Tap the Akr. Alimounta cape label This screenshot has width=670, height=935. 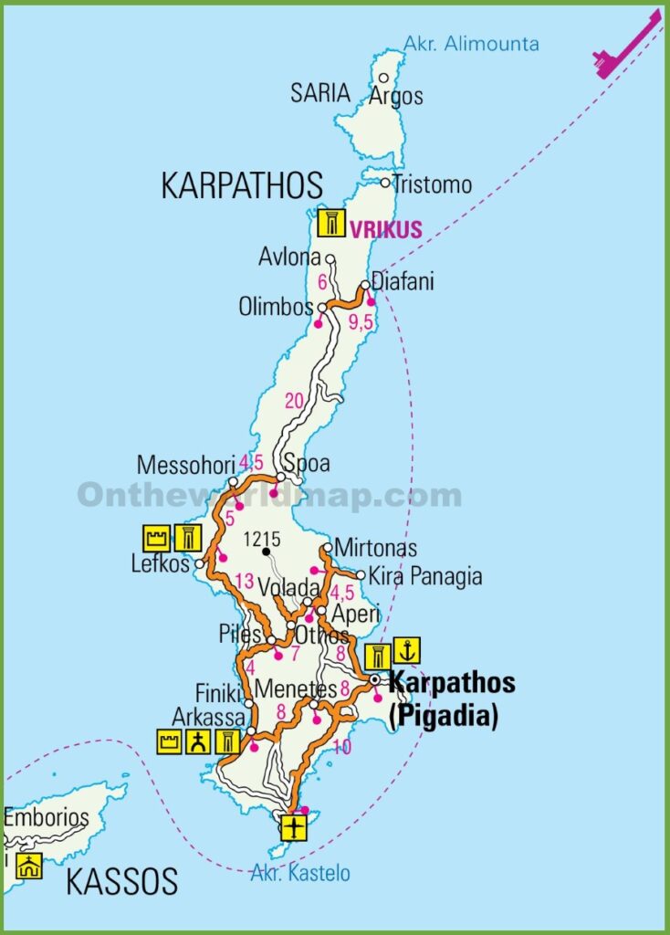[471, 43]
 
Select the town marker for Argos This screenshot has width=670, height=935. [384, 79]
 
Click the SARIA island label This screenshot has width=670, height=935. [320, 93]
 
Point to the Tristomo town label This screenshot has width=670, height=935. [433, 184]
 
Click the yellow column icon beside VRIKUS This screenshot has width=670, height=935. [331, 224]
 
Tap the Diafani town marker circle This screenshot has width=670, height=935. [365, 286]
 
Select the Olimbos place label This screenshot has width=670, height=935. [276, 308]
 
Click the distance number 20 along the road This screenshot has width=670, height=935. [294, 401]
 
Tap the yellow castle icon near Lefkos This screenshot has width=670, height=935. [156, 538]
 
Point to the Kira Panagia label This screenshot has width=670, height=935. [424, 577]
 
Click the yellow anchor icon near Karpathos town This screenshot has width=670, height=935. [407, 652]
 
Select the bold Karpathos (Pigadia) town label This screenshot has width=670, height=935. [451, 699]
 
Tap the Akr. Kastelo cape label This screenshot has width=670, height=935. [300, 874]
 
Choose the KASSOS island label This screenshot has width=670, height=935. [121, 882]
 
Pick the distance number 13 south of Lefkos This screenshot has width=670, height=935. [243, 581]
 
